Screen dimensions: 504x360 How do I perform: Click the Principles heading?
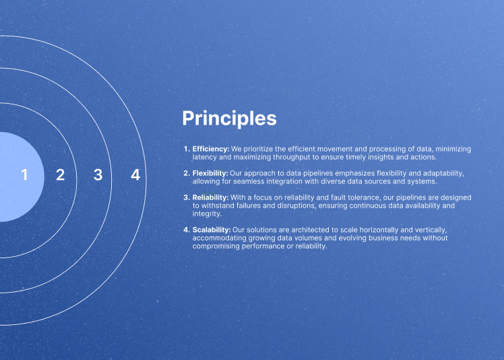229,119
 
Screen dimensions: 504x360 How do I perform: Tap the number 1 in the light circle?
24,175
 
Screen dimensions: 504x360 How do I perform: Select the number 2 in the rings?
61,175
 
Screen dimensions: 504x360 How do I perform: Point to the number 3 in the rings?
98,175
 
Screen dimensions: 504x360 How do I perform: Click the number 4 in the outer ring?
135,175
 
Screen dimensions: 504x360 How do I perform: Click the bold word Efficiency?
211,149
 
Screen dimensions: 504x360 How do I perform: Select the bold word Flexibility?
210,173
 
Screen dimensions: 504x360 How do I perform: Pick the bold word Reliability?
210,198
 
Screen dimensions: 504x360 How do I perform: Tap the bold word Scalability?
212,230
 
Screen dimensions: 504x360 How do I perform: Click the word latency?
204,157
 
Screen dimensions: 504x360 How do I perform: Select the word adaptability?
443,173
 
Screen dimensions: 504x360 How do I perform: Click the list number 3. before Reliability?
187,198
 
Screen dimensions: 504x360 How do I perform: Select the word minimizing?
453,149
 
